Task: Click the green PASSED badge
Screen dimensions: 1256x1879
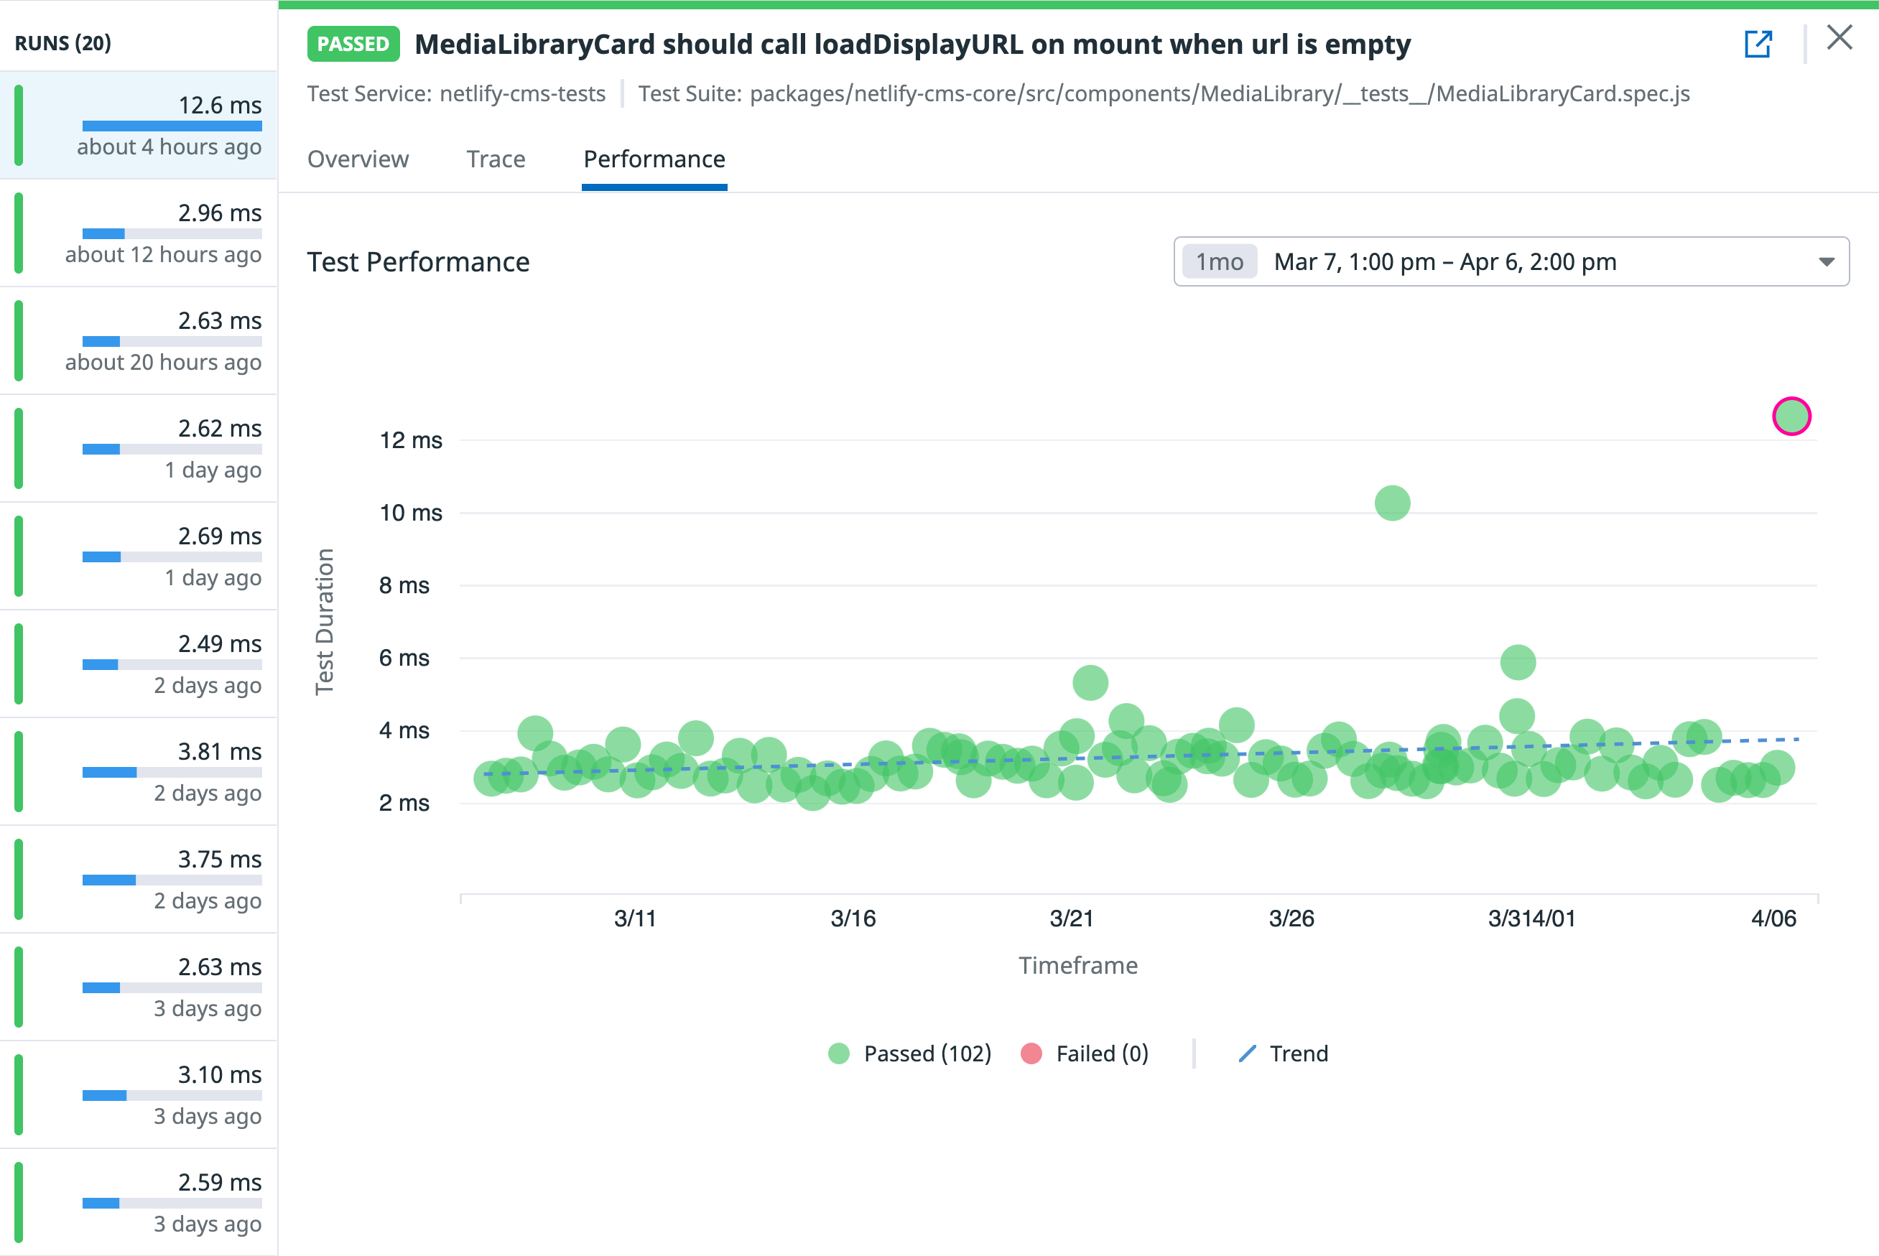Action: [x=353, y=44]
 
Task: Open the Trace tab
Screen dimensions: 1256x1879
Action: [x=496, y=159]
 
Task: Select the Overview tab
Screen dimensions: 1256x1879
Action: [x=358, y=159]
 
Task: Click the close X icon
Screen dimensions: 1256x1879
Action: [x=1839, y=37]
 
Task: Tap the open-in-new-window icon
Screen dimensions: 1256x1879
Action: [x=1758, y=44]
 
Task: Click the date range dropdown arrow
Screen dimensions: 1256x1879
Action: [x=1826, y=262]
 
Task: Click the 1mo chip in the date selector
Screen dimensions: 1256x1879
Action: [x=1219, y=262]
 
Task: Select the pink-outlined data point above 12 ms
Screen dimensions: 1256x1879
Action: [x=1791, y=417]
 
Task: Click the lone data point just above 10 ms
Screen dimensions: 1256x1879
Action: [x=1392, y=503]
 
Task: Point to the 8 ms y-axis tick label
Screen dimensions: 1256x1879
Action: [x=404, y=585]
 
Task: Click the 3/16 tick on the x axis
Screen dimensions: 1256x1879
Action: [x=853, y=918]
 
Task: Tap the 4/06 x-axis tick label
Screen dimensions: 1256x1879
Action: [x=1773, y=918]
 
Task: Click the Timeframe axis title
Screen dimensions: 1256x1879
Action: [x=1077, y=965]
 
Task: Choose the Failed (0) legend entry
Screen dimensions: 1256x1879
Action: [x=1085, y=1053]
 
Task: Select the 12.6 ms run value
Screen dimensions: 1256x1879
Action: [x=220, y=105]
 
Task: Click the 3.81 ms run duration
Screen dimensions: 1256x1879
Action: [x=220, y=751]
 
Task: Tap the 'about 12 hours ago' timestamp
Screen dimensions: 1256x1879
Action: [x=163, y=255]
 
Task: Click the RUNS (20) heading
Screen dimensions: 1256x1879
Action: [x=63, y=43]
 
